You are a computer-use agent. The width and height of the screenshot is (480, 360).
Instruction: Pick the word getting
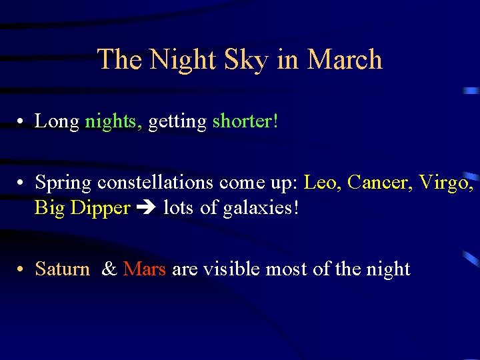(x=177, y=121)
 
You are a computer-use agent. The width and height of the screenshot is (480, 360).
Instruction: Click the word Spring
(x=63, y=182)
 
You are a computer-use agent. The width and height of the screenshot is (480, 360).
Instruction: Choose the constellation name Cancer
(x=378, y=182)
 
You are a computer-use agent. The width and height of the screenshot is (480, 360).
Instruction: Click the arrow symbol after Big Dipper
(x=146, y=209)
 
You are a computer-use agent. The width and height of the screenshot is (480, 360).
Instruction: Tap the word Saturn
(x=62, y=269)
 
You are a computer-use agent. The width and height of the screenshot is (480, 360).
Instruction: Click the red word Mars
(x=144, y=269)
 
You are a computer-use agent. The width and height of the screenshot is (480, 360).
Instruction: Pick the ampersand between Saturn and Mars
(x=110, y=269)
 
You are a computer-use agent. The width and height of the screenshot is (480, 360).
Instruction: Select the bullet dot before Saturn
(x=22, y=270)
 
